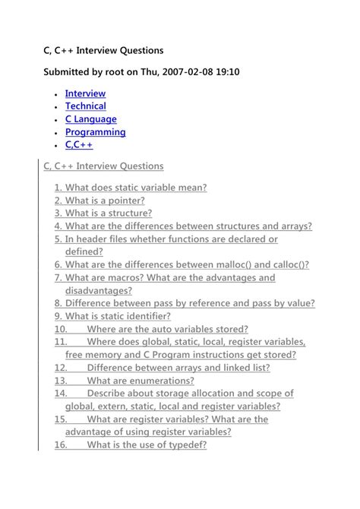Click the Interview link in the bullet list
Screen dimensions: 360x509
(x=85, y=93)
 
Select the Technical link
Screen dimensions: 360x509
(x=85, y=106)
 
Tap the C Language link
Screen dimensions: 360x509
(x=90, y=119)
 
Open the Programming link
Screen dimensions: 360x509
(x=95, y=132)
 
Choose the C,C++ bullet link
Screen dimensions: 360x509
(x=78, y=144)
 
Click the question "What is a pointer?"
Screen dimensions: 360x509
(x=99, y=201)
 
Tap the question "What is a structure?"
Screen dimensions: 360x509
(x=103, y=213)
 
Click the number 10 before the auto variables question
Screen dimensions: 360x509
(x=61, y=329)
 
